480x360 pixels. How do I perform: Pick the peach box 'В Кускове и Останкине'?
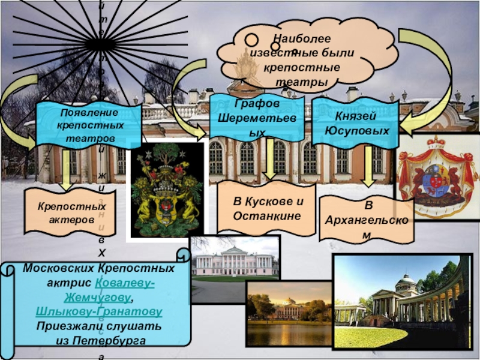pyautogui.click(x=265, y=208)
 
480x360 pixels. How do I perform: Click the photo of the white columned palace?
pyautogui.click(x=235, y=259)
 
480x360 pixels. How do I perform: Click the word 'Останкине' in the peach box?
pyautogui.click(x=266, y=215)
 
